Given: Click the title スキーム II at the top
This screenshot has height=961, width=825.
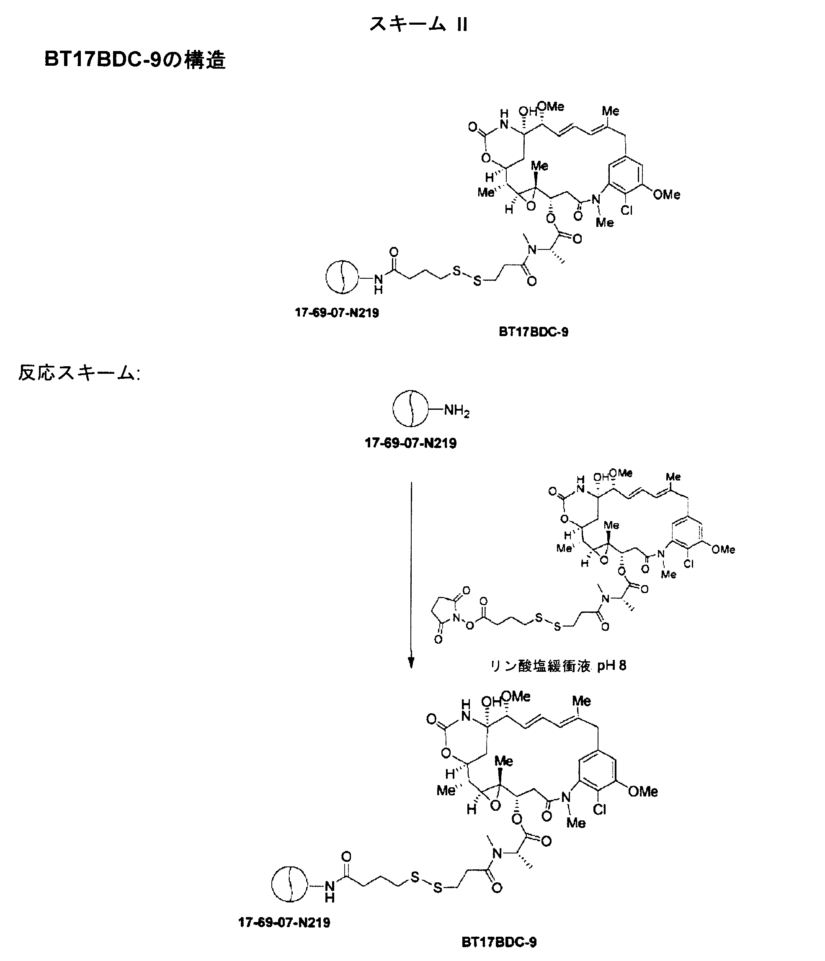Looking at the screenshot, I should coord(418,24).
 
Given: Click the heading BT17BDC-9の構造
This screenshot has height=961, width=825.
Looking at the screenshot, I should coord(134,60).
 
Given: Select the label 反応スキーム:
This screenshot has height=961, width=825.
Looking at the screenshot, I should coord(79,373).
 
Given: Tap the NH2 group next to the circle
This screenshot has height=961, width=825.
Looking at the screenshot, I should coord(456,411).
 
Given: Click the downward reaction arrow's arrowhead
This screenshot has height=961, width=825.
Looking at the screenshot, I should coord(411,663).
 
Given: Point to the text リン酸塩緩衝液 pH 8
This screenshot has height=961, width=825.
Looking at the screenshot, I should coord(558,666).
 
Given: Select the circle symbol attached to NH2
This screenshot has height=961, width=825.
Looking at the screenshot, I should coord(410,409).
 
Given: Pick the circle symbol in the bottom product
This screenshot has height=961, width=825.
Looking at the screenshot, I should coord(289,884).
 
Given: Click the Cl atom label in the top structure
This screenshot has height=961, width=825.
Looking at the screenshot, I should coord(627,211).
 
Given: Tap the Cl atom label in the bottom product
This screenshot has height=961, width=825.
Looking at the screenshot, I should coord(600,810).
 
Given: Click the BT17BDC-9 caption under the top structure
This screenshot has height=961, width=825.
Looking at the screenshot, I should coord(533,331).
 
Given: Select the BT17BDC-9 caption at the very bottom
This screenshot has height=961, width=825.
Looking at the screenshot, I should coord(499,942).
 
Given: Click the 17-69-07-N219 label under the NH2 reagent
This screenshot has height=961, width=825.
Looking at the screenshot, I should coord(411,443).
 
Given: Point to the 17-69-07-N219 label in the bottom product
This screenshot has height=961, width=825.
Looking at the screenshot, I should coord(284,922).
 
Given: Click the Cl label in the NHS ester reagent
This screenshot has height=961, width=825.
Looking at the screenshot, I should coord(688,564).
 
